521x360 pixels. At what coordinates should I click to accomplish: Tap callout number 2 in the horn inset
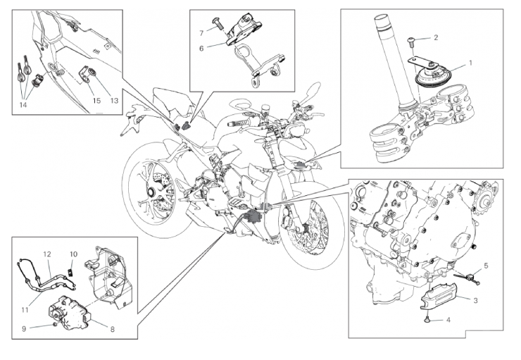pyautogui.click(x=436, y=37)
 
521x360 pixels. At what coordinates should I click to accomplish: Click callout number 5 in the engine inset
pyautogui.click(x=485, y=266)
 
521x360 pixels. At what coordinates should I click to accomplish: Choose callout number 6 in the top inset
pyautogui.click(x=201, y=48)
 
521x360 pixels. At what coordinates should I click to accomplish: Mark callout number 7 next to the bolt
pyautogui.click(x=201, y=32)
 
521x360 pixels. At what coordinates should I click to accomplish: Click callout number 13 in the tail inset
pyautogui.click(x=113, y=100)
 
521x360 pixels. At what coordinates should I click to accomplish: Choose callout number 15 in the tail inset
pyautogui.click(x=97, y=100)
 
